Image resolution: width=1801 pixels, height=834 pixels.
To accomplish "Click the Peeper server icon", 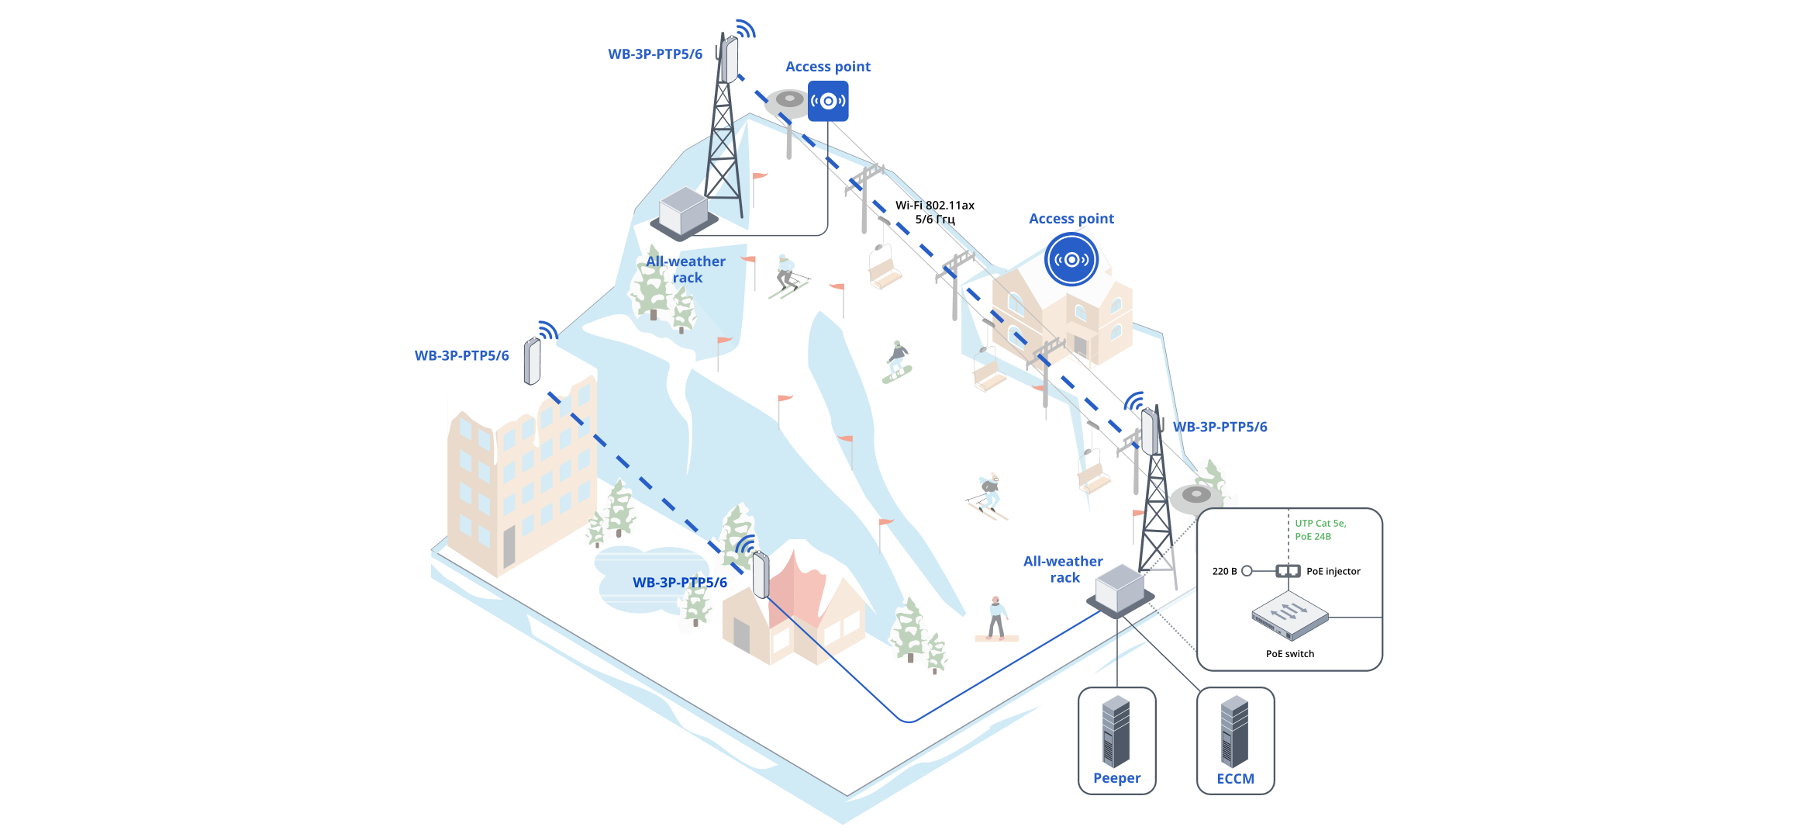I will (1116, 730).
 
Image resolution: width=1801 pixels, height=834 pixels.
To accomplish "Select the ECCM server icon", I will (1234, 730).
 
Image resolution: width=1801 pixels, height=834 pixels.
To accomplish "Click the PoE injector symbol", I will (1288, 571).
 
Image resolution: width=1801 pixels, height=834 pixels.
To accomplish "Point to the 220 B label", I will (1224, 571).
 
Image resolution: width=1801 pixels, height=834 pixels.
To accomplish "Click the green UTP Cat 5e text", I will (1320, 524).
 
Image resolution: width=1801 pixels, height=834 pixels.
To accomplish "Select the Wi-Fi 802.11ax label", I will (934, 206).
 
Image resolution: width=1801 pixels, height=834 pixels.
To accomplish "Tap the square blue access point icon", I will (828, 101).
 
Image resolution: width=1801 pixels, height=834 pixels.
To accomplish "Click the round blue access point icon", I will (1071, 259).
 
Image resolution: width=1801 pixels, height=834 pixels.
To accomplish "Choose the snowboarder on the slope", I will (898, 362).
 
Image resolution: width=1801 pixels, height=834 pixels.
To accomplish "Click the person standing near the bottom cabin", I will (996, 618).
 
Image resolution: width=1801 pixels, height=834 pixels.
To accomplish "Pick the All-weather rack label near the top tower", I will (686, 269).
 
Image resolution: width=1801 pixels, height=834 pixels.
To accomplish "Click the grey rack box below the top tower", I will (683, 210).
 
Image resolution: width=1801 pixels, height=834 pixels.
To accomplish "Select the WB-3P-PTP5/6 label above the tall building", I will (461, 356).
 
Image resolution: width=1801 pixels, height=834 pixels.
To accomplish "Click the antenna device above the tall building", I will (532, 361).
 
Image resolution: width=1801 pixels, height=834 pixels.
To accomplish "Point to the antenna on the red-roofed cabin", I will (761, 574).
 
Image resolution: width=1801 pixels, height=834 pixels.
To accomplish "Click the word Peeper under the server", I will (1116, 778).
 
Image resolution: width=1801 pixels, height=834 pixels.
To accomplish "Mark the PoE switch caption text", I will (1289, 654).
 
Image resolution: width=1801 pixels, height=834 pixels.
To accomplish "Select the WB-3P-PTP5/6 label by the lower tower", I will (1220, 427).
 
